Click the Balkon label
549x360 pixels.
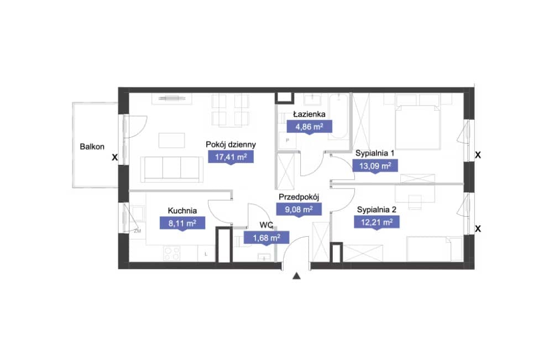tap(92, 147)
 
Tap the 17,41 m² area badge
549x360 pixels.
tap(231, 157)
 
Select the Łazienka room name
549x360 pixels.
tap(309, 114)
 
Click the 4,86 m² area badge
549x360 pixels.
tap(309, 127)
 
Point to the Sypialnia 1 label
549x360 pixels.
tap(375, 153)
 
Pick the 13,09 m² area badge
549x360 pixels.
tap(375, 166)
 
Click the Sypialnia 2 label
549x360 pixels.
tap(377, 210)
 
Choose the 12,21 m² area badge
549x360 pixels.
tap(377, 222)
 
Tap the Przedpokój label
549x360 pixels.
tap(299, 197)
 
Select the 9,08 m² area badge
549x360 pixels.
tap(299, 210)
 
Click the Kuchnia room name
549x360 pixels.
tap(182, 211)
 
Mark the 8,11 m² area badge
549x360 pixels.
tap(182, 223)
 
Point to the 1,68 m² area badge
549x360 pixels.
tap(266, 238)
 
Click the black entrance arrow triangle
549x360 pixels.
tap(296, 276)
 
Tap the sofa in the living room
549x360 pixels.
tap(172, 170)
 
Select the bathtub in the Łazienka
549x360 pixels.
tap(339, 116)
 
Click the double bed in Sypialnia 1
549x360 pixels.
tap(417, 122)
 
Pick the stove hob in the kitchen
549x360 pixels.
tap(172, 253)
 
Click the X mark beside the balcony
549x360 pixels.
tap(114, 158)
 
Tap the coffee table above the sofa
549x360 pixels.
tap(171, 140)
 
